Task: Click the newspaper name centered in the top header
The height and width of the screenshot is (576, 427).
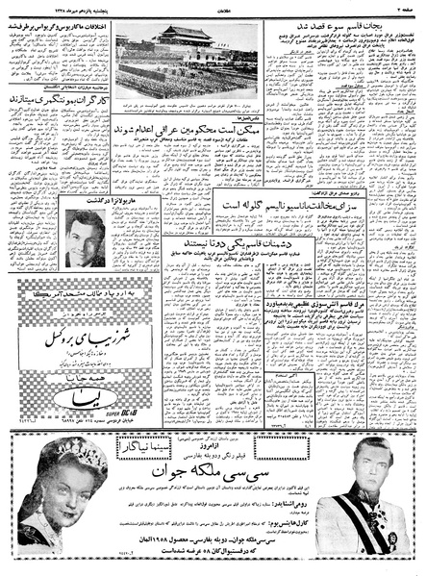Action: (213, 9)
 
